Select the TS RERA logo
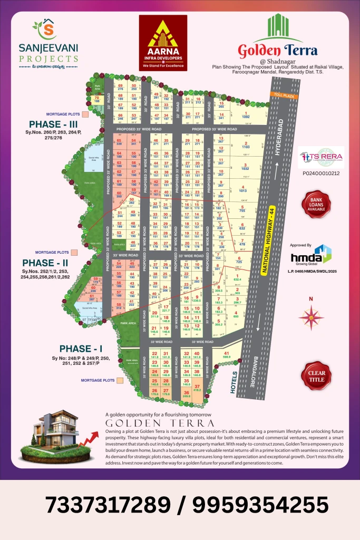coord(321,157)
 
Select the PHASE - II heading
coord(45,248)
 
